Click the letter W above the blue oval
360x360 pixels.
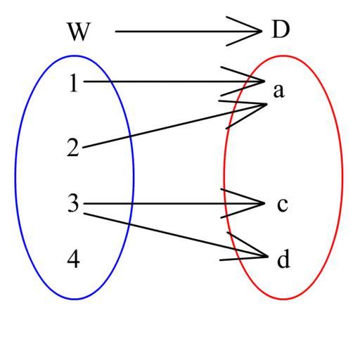click(79, 32)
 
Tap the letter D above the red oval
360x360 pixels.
click(281, 30)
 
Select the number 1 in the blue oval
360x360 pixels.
click(74, 83)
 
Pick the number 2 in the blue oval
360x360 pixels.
click(73, 147)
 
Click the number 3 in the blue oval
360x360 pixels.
click(73, 203)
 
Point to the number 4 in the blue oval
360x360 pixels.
click(73, 259)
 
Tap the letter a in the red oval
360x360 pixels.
click(278, 91)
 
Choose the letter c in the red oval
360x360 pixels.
click(282, 205)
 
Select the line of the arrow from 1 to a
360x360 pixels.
click(174, 82)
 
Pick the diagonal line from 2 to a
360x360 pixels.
click(174, 126)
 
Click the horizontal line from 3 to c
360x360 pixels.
click(174, 204)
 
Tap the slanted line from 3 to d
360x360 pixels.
click(176, 235)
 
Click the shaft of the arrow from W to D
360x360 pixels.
click(188, 31)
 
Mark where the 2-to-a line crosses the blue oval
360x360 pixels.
click(130, 136)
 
